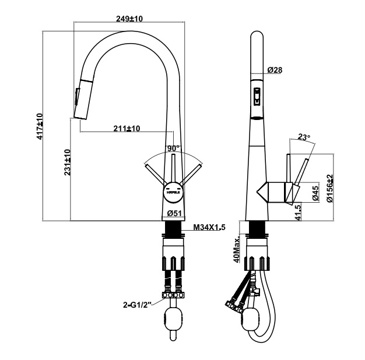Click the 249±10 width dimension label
click(129, 19)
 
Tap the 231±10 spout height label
click(68, 162)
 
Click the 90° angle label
click(174, 149)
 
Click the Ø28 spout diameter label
click(275, 70)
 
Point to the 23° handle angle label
click(304, 137)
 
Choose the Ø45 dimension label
click(315, 193)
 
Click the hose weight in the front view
click(174, 319)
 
